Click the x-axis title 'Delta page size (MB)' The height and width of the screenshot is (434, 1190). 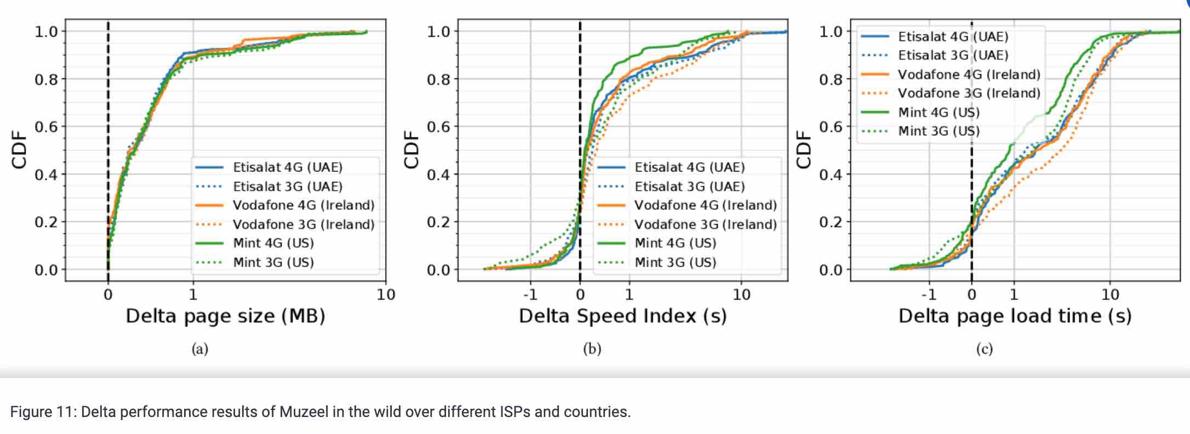(225, 316)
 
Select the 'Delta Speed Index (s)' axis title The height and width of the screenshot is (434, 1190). (622, 316)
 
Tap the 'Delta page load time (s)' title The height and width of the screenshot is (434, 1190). (1015, 316)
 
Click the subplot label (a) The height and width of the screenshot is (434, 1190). (200, 349)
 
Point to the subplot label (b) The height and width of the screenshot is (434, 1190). (592, 349)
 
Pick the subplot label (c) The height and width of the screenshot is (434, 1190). (985, 349)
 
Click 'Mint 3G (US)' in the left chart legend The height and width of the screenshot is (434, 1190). (273, 262)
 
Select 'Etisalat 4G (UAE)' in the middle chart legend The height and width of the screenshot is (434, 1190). (690, 167)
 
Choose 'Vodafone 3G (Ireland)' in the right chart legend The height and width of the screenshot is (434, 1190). (969, 93)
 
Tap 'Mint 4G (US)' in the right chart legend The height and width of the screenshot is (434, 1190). (939, 112)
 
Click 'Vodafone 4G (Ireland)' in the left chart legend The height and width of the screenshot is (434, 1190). (304, 205)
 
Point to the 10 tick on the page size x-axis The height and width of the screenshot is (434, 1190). (386, 295)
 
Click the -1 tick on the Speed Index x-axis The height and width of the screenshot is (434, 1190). (530, 295)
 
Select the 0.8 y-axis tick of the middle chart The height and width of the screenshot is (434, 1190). (438, 79)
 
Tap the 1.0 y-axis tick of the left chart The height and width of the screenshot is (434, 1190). (46, 31)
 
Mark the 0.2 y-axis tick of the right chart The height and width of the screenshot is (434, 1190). (831, 222)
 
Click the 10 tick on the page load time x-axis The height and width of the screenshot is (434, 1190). (1110, 295)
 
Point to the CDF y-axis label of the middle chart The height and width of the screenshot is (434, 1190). (410, 150)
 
